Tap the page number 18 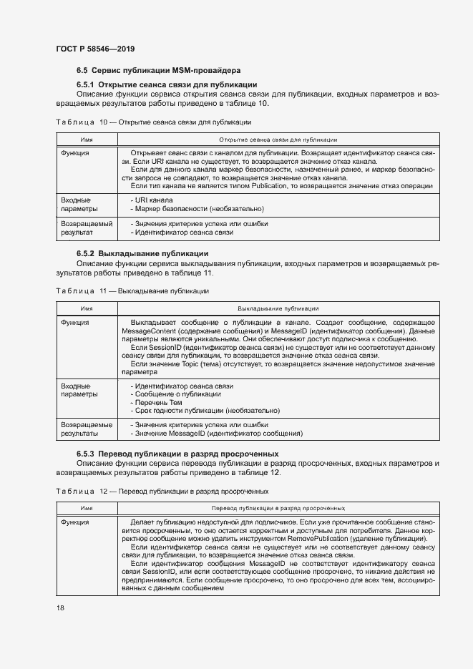[x=60, y=607]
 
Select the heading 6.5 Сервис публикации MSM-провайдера [x=159, y=70]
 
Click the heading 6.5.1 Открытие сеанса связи [x=167, y=84]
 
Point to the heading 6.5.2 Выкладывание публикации [x=142, y=253]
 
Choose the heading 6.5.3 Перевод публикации [x=177, y=454]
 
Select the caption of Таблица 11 [x=132, y=291]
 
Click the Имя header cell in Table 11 [x=87, y=308]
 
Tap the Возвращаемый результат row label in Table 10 [x=87, y=228]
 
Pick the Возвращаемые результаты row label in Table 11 [x=87, y=429]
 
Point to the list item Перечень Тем [x=157, y=403]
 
